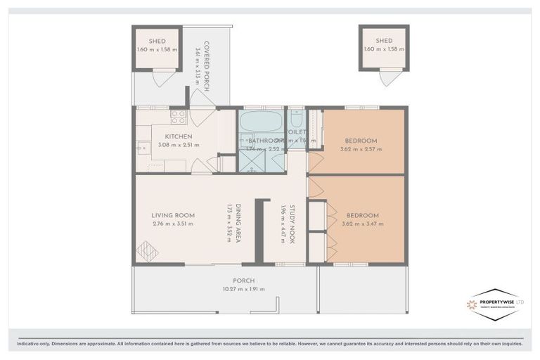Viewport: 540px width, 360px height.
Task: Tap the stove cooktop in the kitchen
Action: point(177,117)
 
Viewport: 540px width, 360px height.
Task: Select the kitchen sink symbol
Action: point(142,150)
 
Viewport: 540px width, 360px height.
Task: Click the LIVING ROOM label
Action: point(172,215)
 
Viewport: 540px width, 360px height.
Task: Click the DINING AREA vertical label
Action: point(239,224)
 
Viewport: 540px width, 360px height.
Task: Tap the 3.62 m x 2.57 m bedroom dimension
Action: point(361,149)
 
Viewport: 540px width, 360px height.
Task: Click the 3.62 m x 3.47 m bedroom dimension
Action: point(361,224)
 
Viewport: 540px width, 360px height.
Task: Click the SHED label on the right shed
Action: point(383,41)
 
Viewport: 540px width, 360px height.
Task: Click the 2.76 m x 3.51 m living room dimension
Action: point(172,224)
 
